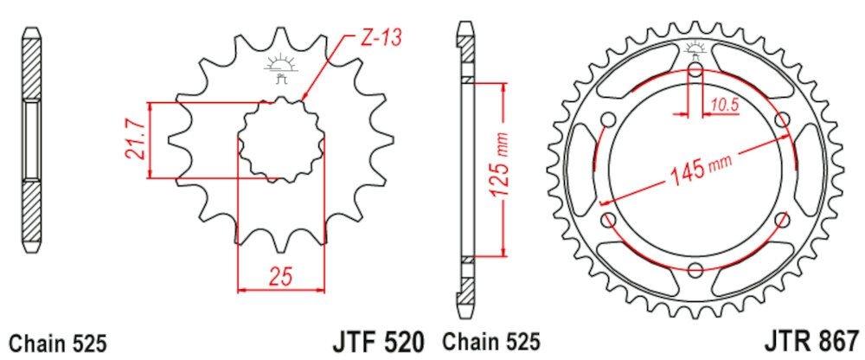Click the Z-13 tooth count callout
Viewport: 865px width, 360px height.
(x=381, y=39)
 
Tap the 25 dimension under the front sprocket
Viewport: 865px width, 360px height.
(x=279, y=278)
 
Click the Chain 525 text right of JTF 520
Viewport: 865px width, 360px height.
(x=492, y=341)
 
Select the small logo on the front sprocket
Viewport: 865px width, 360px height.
(x=279, y=67)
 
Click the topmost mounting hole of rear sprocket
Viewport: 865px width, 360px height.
(x=696, y=71)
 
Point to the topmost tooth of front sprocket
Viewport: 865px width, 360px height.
(x=279, y=36)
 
